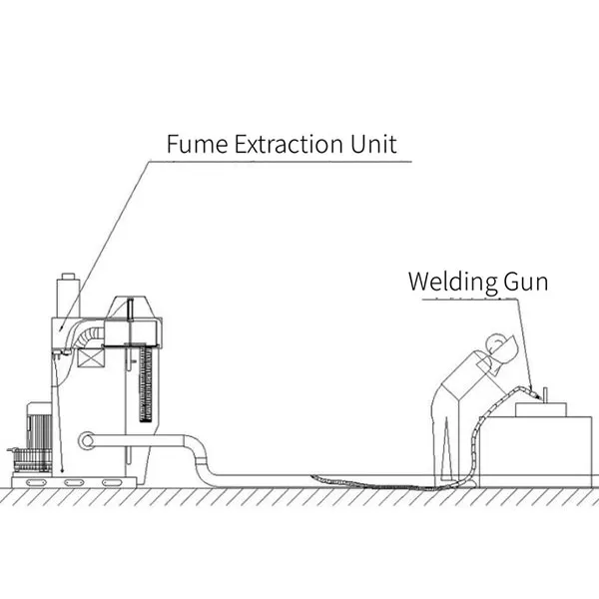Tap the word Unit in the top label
pyautogui.click(x=370, y=144)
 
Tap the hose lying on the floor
pyautogui.click(x=339, y=481)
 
